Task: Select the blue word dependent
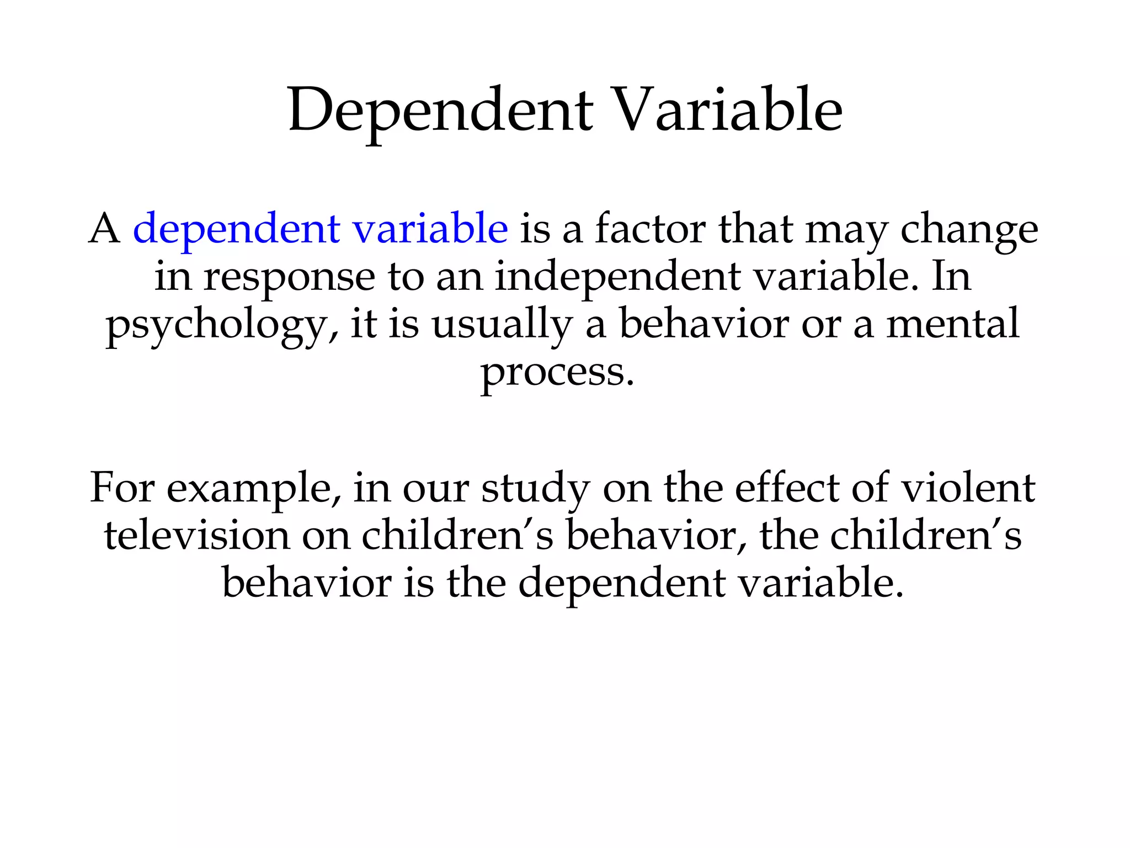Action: [x=236, y=229]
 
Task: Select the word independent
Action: [x=617, y=277]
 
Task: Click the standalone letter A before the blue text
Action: [x=104, y=229]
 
